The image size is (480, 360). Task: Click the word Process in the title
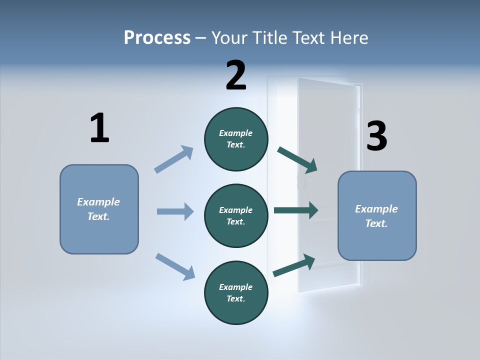click(x=157, y=37)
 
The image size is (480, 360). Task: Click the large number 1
click(x=99, y=128)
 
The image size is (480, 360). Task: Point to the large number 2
click(x=236, y=75)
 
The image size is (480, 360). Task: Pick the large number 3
click(x=376, y=136)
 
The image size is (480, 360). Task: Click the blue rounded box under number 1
click(x=99, y=209)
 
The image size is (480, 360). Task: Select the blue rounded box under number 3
click(x=377, y=216)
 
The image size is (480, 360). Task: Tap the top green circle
click(x=236, y=139)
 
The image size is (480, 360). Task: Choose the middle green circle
click(x=236, y=216)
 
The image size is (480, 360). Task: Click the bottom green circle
click(x=236, y=293)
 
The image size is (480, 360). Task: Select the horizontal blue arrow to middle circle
click(x=175, y=211)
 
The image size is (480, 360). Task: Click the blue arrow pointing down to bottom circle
click(x=175, y=266)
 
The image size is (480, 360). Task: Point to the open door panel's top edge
click(x=327, y=82)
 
